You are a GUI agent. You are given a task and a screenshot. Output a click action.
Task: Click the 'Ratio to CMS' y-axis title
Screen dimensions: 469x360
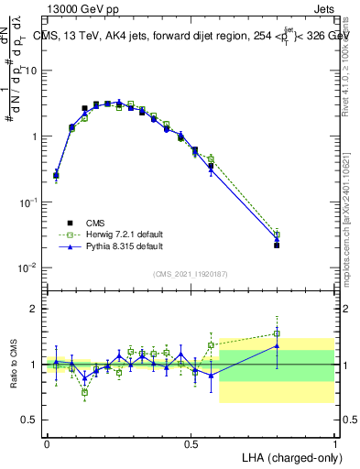(15, 364)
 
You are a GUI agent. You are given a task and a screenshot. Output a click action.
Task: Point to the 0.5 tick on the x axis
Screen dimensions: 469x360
(191, 442)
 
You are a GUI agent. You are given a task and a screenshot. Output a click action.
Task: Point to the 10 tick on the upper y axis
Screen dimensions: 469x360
(35, 71)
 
